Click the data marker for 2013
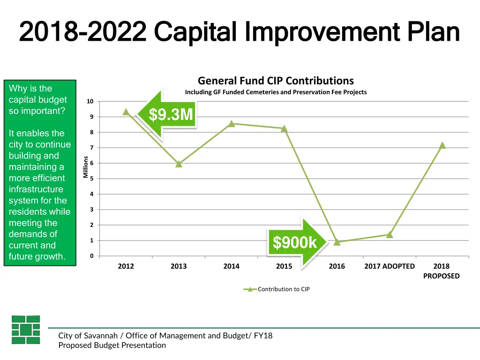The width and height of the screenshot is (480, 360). [179, 164]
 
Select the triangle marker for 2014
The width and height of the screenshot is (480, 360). [232, 124]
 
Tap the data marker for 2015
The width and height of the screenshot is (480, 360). [284, 128]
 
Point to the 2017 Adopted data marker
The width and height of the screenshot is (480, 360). [390, 234]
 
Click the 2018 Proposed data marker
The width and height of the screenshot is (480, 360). [442, 145]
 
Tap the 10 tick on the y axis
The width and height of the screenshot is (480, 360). [90, 102]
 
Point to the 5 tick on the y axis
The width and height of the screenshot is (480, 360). [92, 179]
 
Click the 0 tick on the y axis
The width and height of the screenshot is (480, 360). [92, 256]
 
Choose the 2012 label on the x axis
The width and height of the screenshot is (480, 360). [126, 266]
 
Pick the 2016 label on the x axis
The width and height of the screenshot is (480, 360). [337, 266]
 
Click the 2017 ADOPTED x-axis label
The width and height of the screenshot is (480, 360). [390, 266]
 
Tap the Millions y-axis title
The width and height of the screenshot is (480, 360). [85, 167]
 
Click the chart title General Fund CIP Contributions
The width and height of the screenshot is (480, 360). [276, 81]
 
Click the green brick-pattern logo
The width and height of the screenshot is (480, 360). [26, 330]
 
